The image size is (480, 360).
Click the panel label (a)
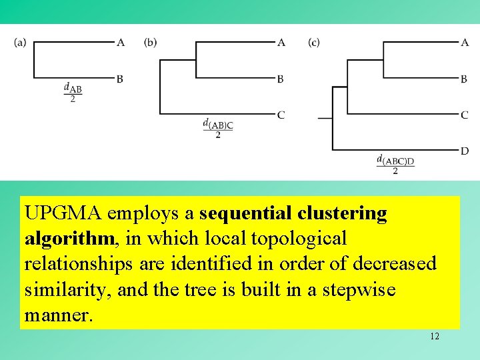tap(20, 43)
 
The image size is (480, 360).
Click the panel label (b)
tap(151, 43)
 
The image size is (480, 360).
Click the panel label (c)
tap(314, 43)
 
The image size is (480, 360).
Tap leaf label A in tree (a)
tap(121, 43)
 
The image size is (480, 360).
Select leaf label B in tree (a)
tap(119, 79)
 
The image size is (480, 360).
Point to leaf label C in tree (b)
tap(281, 115)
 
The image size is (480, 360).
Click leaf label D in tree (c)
tap(465, 151)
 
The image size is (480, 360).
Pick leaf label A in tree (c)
tap(465, 43)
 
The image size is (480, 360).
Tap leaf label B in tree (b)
tap(281, 79)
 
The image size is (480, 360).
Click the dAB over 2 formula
tap(73, 93)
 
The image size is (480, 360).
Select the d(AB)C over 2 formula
tap(218, 129)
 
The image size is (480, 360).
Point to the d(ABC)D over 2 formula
tap(395, 165)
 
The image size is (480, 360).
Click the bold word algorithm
tap(63, 238)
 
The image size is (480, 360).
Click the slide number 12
tap(435, 336)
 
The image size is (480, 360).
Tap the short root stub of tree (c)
tap(325, 118)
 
